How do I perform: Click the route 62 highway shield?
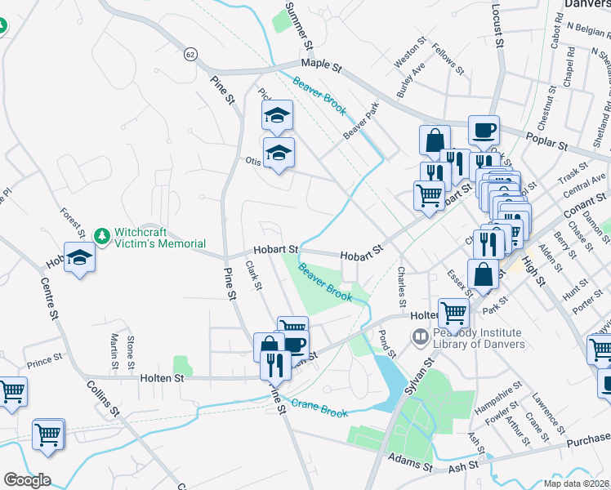(x=190, y=53)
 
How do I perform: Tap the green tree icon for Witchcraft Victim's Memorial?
(x=102, y=237)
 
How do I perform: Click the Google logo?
(x=26, y=480)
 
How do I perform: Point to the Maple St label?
(x=321, y=63)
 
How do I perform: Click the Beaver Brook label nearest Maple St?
(x=319, y=95)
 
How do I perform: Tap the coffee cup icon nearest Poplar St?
(x=484, y=129)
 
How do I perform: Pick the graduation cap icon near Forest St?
(x=79, y=257)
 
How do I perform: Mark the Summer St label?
(x=300, y=24)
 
